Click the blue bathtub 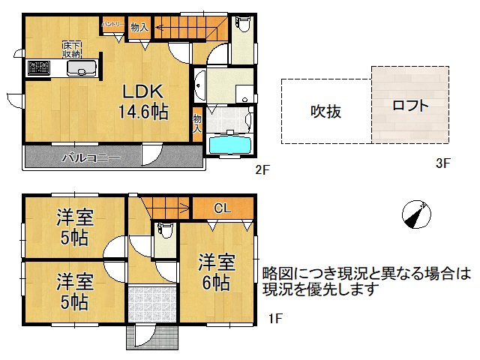pos(231,144)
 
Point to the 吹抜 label pos(326,112)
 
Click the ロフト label pos(411,106)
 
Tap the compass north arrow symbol pos(415,214)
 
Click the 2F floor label pos(262,169)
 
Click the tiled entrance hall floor pos(153,304)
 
